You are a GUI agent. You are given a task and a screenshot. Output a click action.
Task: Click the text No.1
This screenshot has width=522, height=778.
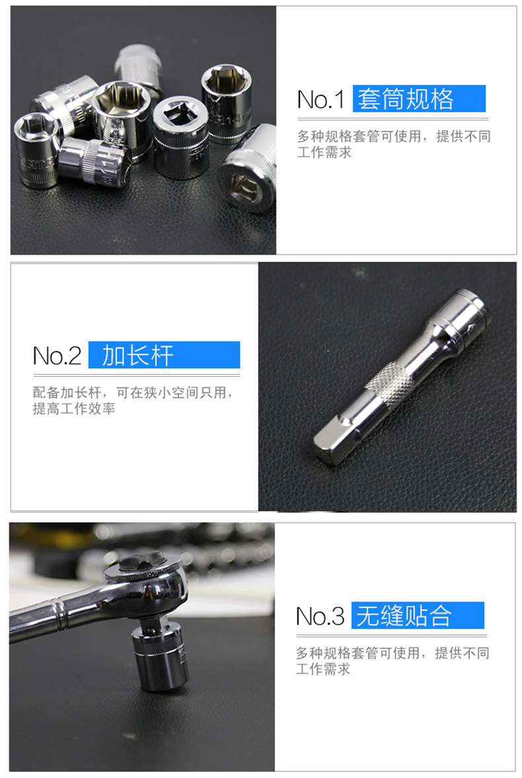pos(320,99)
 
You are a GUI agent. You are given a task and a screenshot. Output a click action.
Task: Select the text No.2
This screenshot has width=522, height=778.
pos(57,356)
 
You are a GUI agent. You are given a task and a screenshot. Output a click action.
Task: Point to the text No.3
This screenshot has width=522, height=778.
pos(320,616)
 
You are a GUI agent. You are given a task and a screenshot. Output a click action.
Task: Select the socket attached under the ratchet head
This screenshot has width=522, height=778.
pos(161,656)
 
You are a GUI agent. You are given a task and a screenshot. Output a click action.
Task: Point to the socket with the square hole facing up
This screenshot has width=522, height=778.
pos(180,137)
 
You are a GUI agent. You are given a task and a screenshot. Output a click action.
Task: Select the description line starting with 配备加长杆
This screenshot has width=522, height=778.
pos(133,393)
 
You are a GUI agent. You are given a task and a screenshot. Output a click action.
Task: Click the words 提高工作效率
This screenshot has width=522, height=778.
pos(74,409)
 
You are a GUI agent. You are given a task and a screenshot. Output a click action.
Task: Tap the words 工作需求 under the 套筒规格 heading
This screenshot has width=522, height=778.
pos(324,152)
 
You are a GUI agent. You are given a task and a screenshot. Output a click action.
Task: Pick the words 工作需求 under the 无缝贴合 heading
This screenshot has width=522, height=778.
pos(323,669)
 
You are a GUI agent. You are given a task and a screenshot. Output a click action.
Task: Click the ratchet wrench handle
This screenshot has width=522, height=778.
pos(59,614)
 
